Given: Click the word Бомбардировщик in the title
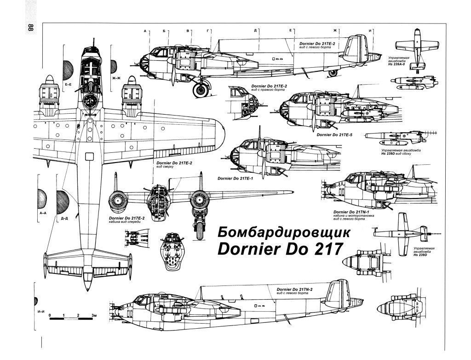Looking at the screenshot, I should point(283,232).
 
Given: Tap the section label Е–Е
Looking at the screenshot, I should point(69,86).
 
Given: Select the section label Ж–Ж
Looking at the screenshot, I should point(116,78).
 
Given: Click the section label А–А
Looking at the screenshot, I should point(43,214).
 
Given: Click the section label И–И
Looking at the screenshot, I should point(40,312).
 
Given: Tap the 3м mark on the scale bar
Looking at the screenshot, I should point(94,315).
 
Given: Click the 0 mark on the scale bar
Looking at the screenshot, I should point(50,315).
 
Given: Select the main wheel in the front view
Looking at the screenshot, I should point(199,230).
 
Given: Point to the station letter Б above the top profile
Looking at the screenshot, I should point(164,31).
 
